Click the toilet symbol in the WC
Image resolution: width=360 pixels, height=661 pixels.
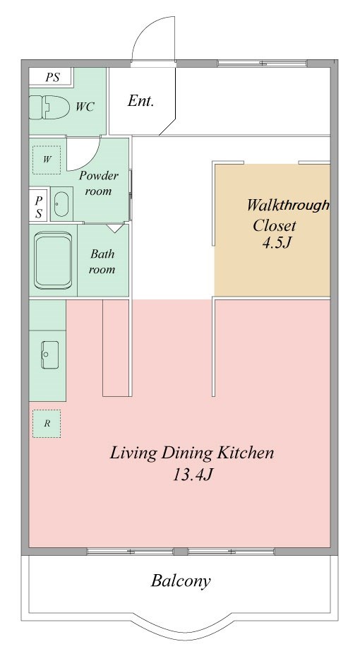[x=49, y=107]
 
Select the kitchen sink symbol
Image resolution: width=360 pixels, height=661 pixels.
[x=49, y=355]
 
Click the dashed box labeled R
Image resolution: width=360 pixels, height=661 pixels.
[x=47, y=423]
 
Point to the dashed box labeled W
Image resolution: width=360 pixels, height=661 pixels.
[x=47, y=160]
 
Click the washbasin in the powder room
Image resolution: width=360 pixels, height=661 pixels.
[x=61, y=205]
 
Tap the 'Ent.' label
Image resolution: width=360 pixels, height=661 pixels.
[x=140, y=101]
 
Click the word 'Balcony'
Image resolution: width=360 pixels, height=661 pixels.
[x=181, y=581]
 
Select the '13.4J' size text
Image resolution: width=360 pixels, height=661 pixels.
[x=192, y=475]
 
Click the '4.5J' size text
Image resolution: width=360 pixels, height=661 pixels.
[x=277, y=243]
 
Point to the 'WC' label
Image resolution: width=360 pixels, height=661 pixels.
[x=85, y=107]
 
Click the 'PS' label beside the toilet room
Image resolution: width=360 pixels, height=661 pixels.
[x=53, y=77]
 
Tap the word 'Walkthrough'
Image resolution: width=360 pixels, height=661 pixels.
[x=287, y=206]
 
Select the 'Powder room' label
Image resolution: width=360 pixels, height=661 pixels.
[x=98, y=183]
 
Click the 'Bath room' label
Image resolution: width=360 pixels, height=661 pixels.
[x=102, y=261]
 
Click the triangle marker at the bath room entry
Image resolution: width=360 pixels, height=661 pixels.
[x=114, y=228]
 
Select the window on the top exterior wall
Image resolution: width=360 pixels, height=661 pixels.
[x=262, y=64]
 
